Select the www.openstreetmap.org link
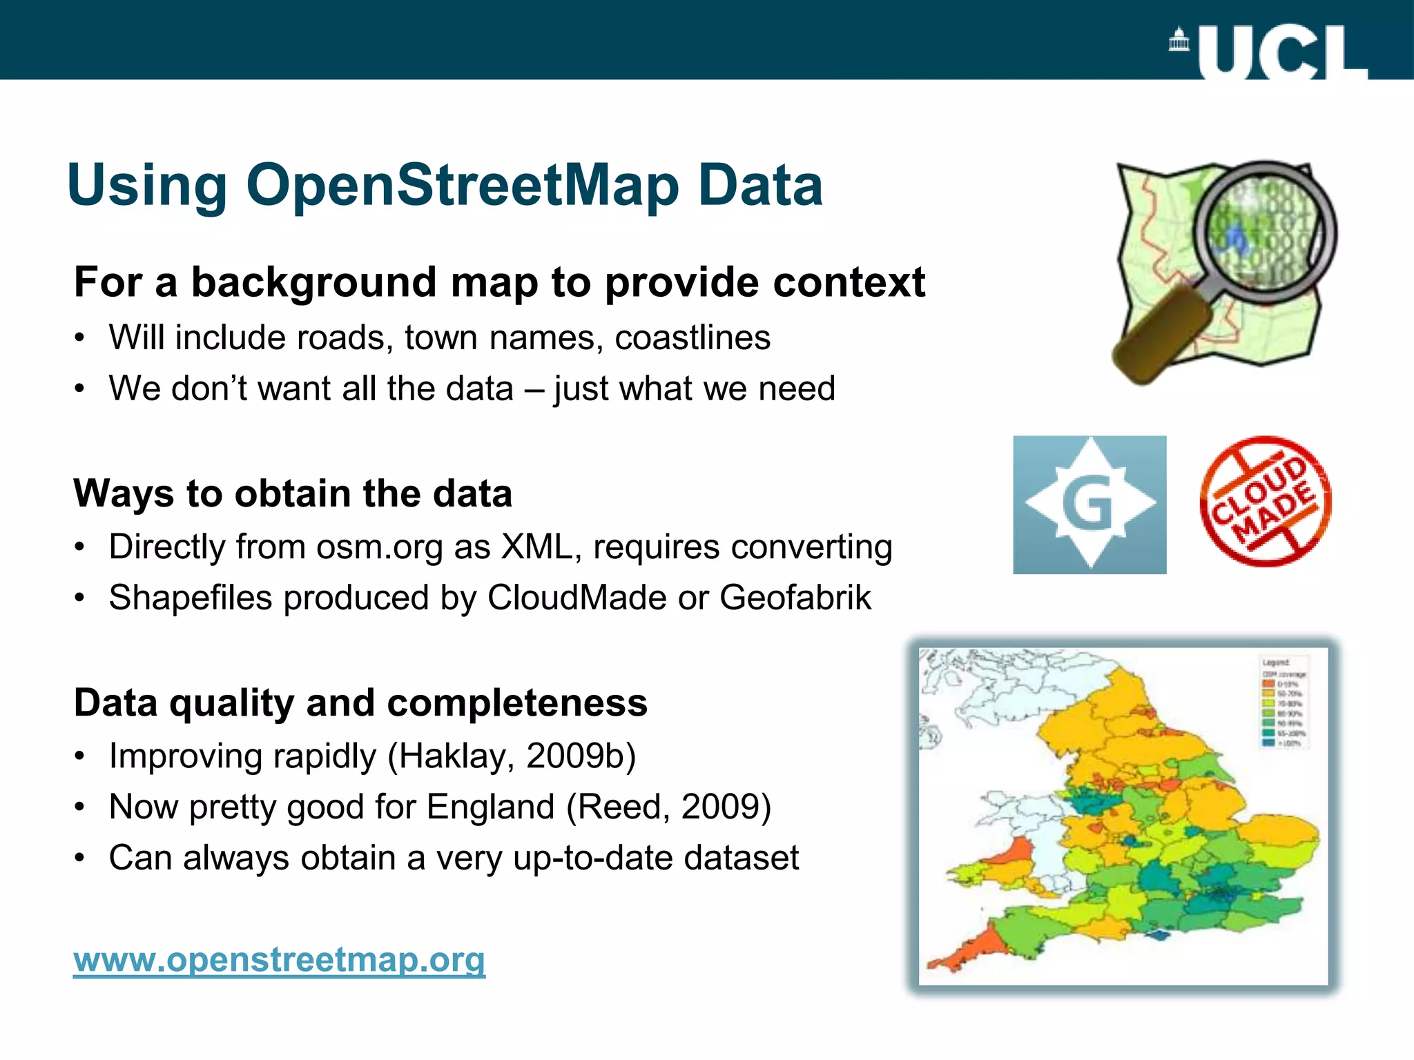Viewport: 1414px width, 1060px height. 279,959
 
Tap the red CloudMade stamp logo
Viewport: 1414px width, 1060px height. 1266,502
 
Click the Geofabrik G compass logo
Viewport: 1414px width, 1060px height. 1089,504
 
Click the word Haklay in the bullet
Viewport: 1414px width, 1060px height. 456,756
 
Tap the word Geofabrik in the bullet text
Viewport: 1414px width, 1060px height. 795,598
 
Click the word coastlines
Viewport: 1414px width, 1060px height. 693,338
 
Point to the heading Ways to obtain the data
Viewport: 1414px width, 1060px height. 293,493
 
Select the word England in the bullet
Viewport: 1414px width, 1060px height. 490,807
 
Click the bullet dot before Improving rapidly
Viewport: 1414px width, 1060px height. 80,756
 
